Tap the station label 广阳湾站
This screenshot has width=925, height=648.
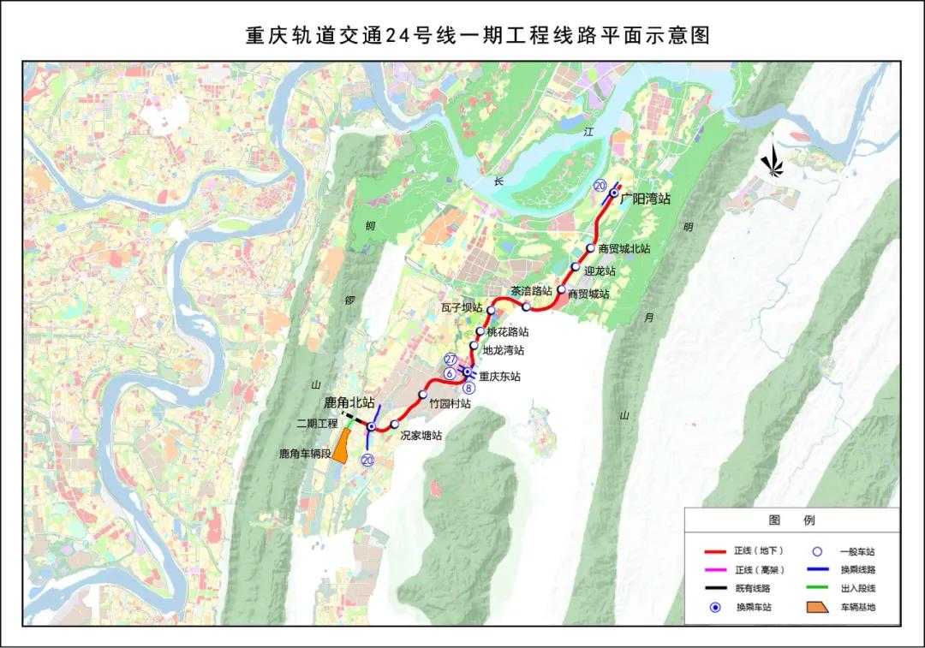click(646, 199)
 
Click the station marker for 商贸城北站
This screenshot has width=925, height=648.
click(591, 248)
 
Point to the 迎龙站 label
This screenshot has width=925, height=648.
click(600, 270)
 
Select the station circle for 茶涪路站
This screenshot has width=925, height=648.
click(527, 306)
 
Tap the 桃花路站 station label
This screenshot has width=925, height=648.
click(507, 331)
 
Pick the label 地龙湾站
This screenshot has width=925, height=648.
click(504, 350)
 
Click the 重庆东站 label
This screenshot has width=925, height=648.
click(499, 376)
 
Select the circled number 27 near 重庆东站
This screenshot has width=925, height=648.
click(451, 360)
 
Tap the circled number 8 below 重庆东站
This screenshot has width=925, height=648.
click(468, 388)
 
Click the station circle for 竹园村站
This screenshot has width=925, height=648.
click(423, 395)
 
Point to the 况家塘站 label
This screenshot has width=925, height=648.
click(421, 435)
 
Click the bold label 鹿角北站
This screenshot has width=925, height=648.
click(349, 401)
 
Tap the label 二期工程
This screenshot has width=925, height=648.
click(318, 423)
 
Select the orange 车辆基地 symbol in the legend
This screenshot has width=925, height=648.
click(815, 608)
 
